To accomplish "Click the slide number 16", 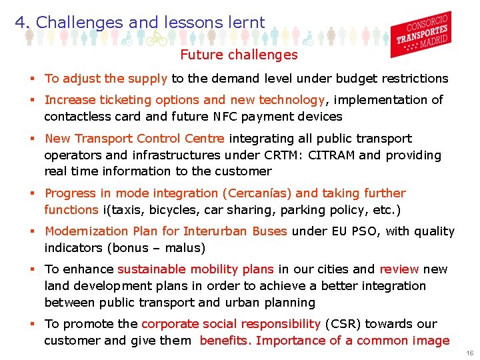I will (469, 353).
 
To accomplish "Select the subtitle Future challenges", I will (239, 55).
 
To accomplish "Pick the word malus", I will (183, 248).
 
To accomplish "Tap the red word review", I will (399, 269).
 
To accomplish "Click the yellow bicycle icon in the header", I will (155, 39).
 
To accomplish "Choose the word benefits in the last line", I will (225, 341).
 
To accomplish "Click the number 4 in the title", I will (20, 22).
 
